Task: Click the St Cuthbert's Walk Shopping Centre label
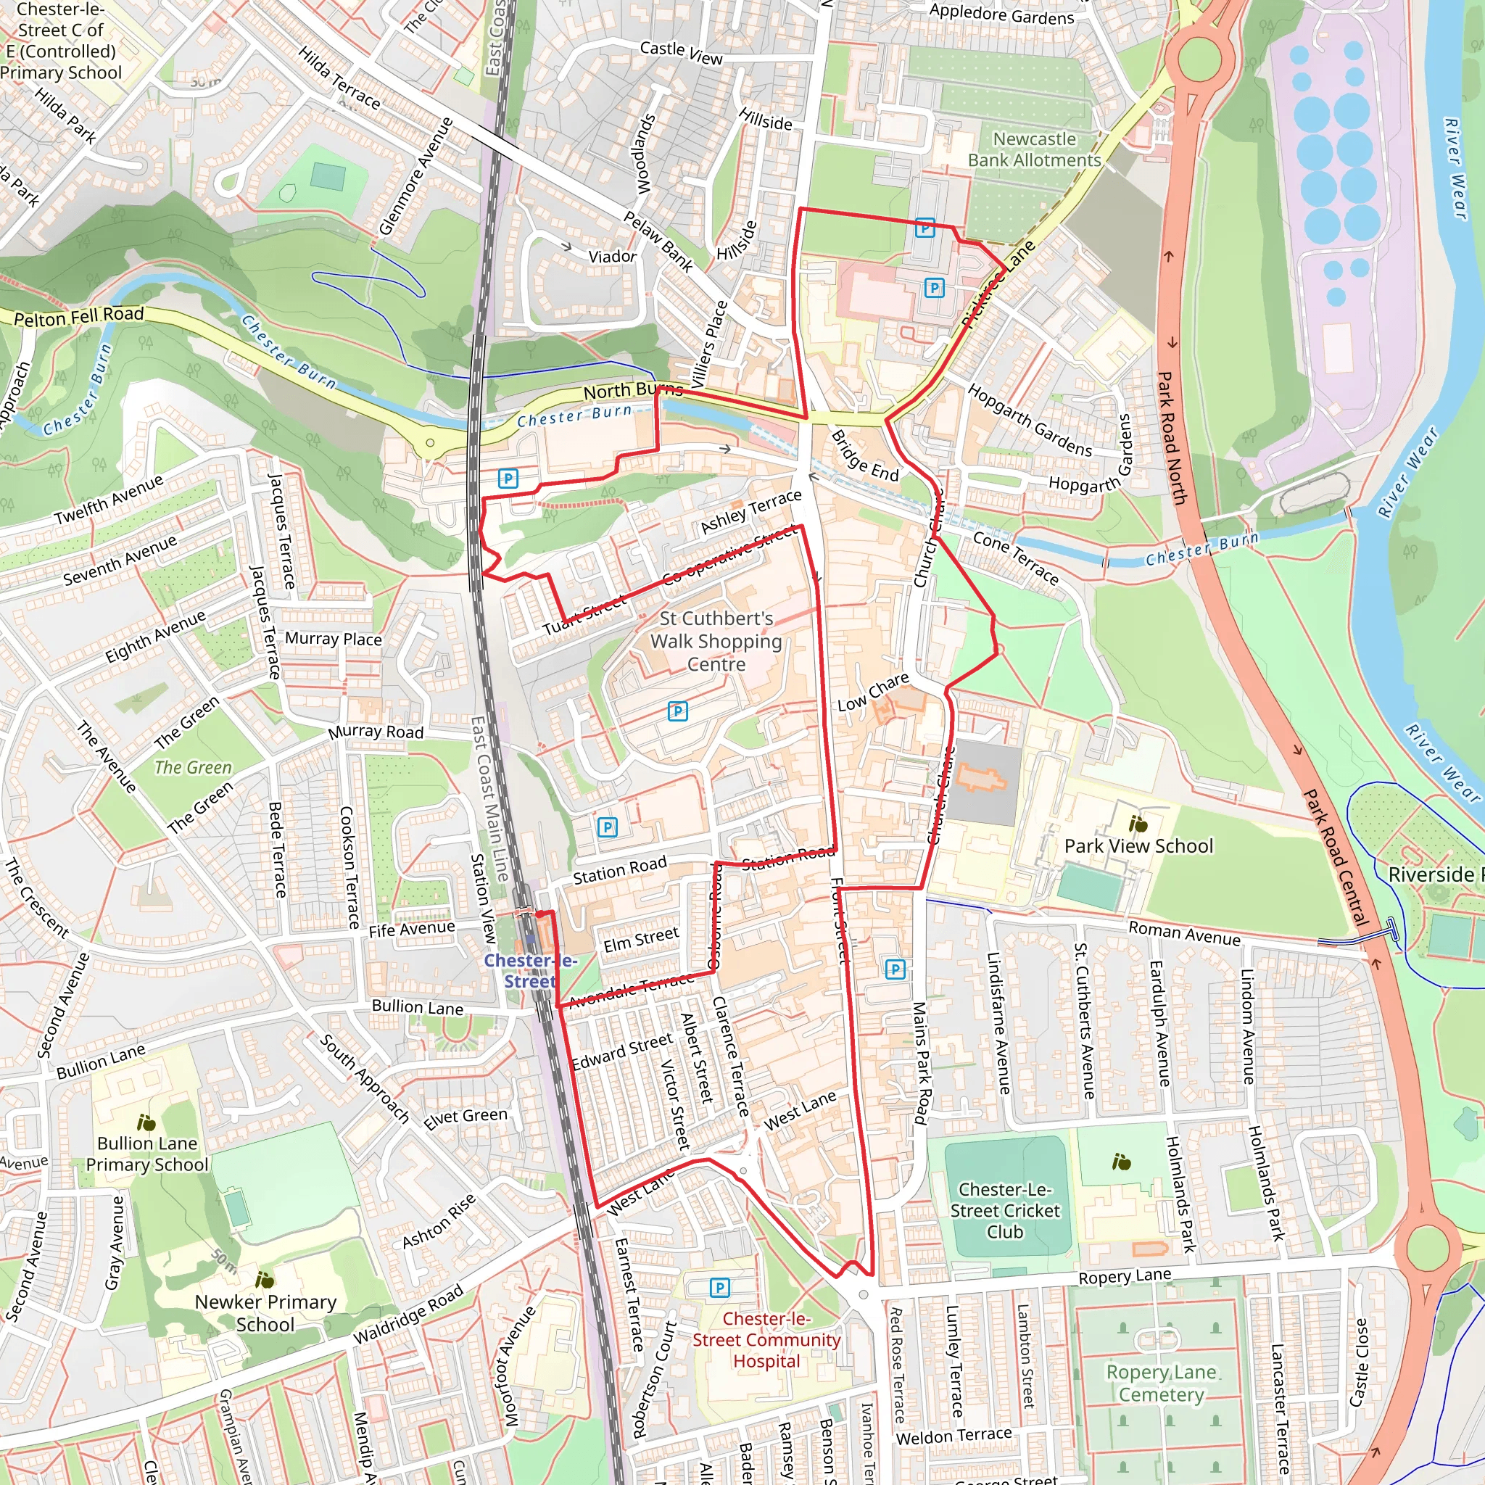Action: tap(716, 641)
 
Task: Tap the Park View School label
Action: tap(1138, 846)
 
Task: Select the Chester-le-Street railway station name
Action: tap(529, 971)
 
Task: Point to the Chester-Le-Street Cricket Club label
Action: tap(1004, 1211)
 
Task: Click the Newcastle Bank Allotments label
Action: tap(1034, 150)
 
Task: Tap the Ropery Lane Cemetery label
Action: tap(1161, 1383)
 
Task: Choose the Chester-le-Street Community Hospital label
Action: tap(766, 1340)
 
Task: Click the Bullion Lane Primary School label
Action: tap(146, 1154)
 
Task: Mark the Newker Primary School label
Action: tap(265, 1313)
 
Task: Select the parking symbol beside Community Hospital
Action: tap(719, 1287)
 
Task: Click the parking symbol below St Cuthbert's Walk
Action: tap(677, 711)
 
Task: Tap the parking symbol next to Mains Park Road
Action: tap(895, 969)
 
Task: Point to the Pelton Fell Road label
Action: tap(78, 316)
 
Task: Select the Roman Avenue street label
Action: tap(1183, 933)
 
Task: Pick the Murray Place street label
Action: tap(333, 639)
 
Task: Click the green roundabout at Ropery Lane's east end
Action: tap(1426, 1249)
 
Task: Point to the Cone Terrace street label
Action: tap(1015, 558)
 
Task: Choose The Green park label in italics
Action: tap(193, 767)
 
